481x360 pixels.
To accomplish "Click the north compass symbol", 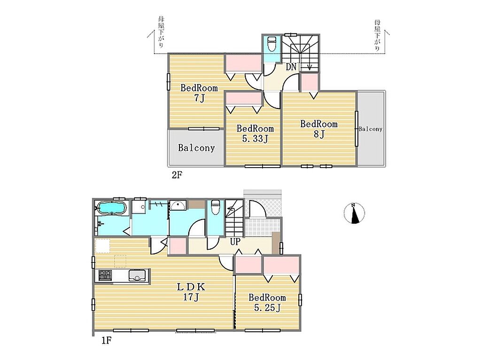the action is (x=354, y=213).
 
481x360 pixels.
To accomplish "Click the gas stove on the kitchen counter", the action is (x=105, y=275).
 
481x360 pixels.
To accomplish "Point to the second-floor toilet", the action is (x=272, y=44).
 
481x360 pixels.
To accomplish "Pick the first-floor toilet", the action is (x=215, y=207).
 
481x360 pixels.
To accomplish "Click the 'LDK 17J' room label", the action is (x=191, y=292).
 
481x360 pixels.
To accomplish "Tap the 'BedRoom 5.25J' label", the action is (x=267, y=302).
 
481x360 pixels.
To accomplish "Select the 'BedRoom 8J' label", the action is (x=319, y=129).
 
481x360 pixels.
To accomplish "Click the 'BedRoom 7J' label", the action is (x=199, y=93).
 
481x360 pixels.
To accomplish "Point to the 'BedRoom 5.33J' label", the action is (x=255, y=133).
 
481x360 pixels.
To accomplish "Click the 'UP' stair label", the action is (x=235, y=242).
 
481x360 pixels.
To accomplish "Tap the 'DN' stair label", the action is (x=291, y=67).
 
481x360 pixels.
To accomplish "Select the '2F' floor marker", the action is (x=177, y=175).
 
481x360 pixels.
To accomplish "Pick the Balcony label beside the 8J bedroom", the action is (x=371, y=129).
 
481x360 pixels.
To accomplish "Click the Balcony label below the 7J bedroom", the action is (x=196, y=148).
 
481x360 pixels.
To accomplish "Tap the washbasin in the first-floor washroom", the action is (x=178, y=205).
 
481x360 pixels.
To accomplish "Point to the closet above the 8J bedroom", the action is (x=309, y=82).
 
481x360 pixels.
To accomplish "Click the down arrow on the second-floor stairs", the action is (x=310, y=66).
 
